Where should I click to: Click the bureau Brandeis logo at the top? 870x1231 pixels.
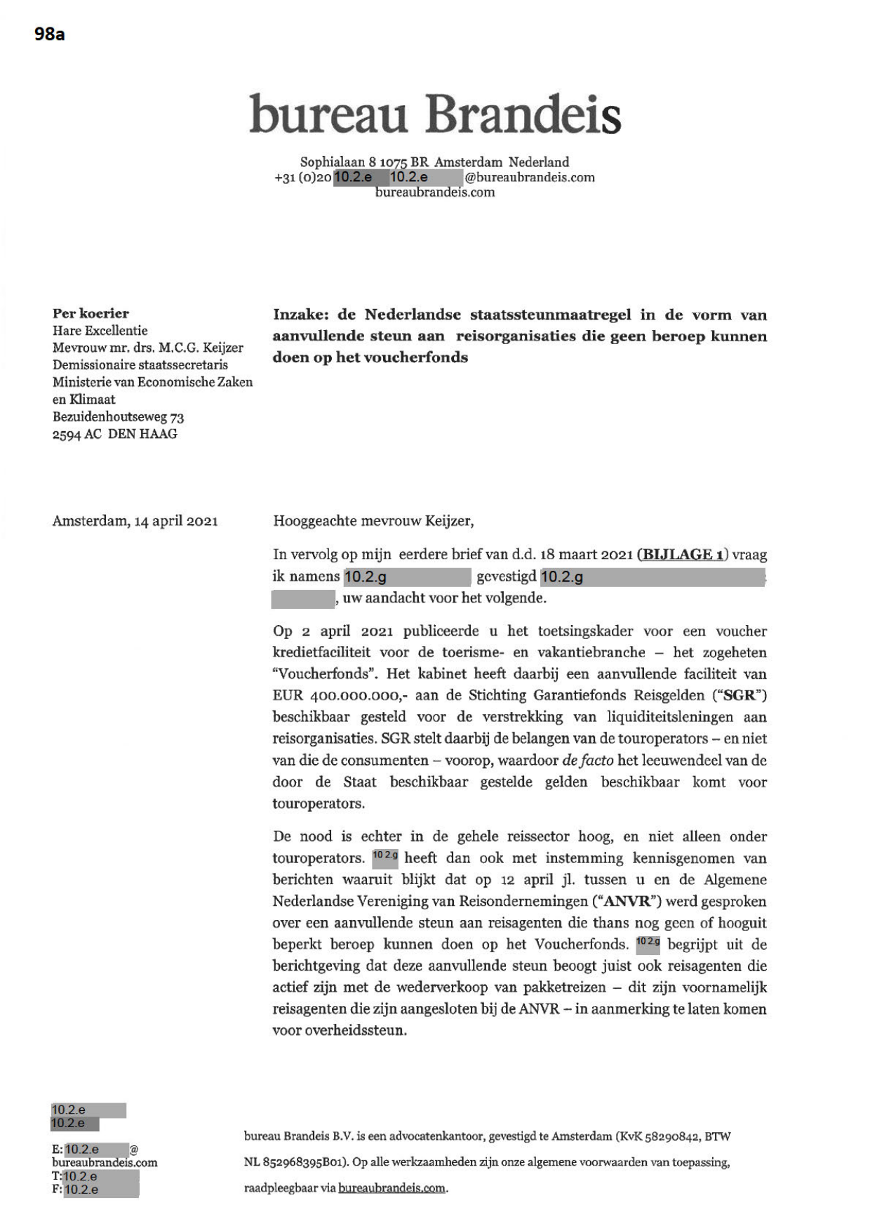(x=435, y=114)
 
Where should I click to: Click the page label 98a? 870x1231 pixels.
(x=50, y=34)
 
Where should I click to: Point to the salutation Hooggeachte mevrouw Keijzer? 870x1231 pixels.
(x=373, y=521)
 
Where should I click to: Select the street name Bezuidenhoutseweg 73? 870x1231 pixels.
(x=118, y=417)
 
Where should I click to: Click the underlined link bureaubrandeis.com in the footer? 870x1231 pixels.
(x=391, y=1188)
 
